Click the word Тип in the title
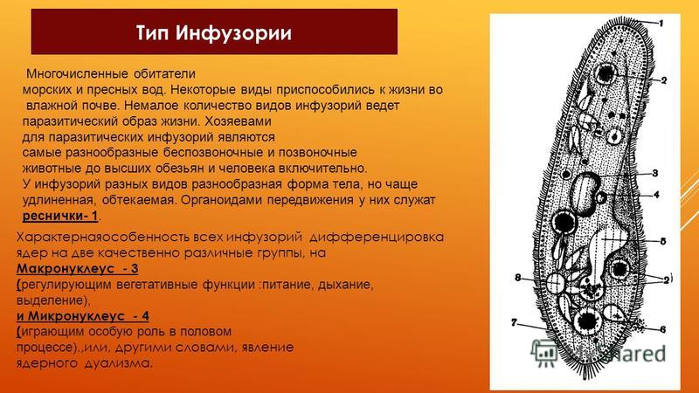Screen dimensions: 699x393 coord(152,33)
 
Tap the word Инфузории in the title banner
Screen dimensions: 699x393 coord(233,33)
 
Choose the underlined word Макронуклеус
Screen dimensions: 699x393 coord(65,269)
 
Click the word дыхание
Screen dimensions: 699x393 coord(345,285)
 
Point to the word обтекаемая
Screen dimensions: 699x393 coord(139,200)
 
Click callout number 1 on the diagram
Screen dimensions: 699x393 coord(661,23)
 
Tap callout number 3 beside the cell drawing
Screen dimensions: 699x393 coord(654,173)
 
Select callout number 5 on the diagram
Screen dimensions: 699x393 coord(663,242)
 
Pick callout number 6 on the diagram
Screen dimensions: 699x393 coord(663,329)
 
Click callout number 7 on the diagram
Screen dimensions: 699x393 coord(514,321)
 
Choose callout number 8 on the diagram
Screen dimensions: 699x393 coord(517,278)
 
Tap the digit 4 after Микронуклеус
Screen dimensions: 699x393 coord(145,316)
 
